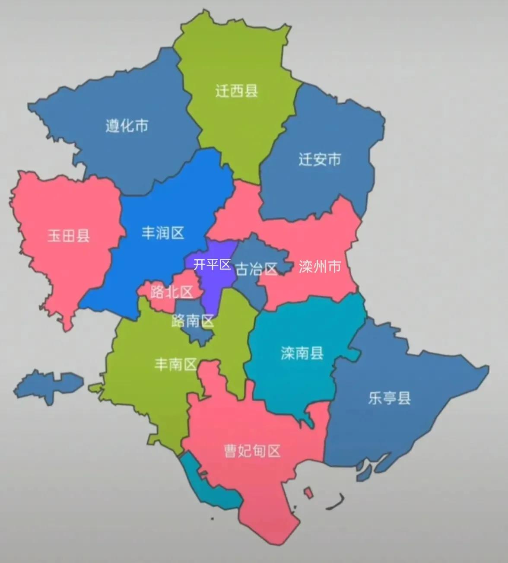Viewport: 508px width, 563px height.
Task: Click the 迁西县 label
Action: point(236,91)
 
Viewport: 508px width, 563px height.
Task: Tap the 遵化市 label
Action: point(127,125)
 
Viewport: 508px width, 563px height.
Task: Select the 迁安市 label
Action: point(320,159)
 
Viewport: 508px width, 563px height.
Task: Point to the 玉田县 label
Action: point(68,235)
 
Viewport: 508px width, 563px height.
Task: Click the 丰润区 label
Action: point(163,233)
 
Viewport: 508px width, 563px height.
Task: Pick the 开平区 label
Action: point(212,264)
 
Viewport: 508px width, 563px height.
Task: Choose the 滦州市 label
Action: point(320,266)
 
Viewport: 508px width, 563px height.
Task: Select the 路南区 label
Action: point(193,321)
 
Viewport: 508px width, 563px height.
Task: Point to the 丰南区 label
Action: point(176,364)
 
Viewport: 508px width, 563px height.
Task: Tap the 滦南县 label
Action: point(302,353)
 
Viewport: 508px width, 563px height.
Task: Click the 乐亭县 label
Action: point(389,398)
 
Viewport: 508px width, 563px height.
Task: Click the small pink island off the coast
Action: point(308,493)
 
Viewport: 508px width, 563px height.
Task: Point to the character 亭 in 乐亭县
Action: point(389,398)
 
